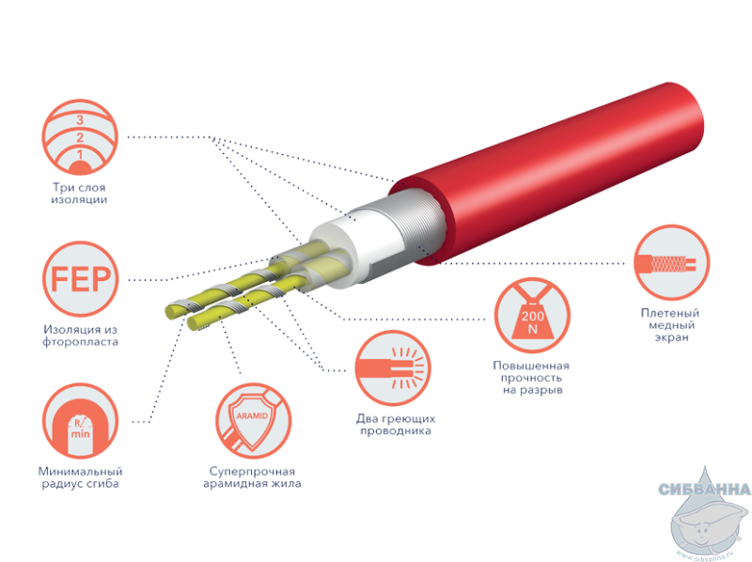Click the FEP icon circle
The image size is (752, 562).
pyautogui.click(x=81, y=278)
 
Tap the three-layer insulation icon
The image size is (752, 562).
pyautogui.click(x=80, y=137)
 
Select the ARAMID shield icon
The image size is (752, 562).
pyautogui.click(x=253, y=420)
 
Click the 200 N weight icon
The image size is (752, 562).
pyautogui.click(x=532, y=316)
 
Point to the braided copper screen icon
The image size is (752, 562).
pyautogui.click(x=671, y=263)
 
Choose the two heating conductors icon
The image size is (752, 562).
pyautogui.click(x=393, y=368)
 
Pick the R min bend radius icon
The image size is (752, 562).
pyautogui.click(x=80, y=420)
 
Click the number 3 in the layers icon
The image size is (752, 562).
pyautogui.click(x=80, y=120)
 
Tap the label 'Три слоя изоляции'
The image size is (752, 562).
pyautogui.click(x=79, y=194)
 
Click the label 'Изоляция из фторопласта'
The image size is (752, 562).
pyautogui.click(x=80, y=336)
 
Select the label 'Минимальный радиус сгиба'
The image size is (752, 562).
pyautogui.click(x=80, y=477)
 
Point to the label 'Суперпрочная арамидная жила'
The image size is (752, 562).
pyautogui.click(x=252, y=477)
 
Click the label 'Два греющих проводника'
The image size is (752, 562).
pyautogui.click(x=396, y=425)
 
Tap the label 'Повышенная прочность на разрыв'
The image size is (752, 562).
pyautogui.click(x=532, y=378)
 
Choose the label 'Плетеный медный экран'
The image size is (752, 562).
pyautogui.click(x=670, y=324)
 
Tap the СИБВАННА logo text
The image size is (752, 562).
pyautogui.click(x=704, y=489)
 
